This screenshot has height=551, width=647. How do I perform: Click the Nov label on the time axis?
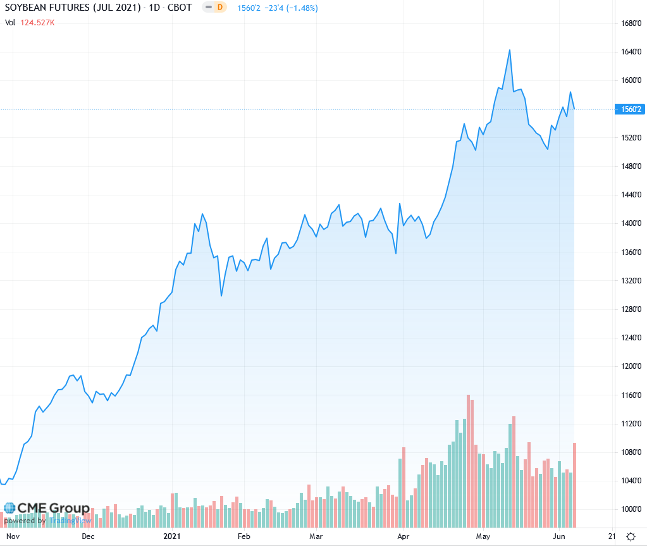point(13,536)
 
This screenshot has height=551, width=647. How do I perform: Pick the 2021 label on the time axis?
point(172,536)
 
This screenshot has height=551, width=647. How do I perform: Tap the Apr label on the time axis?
point(402,536)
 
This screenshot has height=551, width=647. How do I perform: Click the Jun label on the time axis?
point(559,536)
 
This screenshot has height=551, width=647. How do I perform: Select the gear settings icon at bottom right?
point(631,537)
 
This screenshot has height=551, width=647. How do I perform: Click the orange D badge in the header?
point(220,8)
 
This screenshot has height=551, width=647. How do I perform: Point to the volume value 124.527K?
point(38,23)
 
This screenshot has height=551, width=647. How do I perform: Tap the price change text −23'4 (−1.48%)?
point(294,8)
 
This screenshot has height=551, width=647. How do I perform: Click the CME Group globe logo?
point(9,508)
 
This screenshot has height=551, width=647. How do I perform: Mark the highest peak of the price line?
point(510,50)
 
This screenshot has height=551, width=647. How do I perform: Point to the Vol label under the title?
point(10,23)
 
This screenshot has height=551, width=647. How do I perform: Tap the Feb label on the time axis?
point(243,536)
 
